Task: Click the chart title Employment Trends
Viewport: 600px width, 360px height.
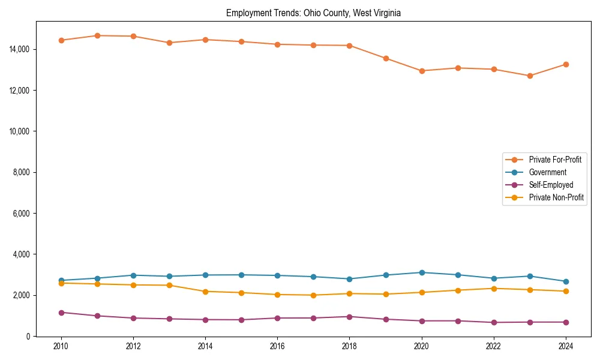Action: (313, 13)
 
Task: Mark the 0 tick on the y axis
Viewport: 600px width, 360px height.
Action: (28, 337)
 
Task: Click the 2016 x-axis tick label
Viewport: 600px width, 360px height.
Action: (277, 346)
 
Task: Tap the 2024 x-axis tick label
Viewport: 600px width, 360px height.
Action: (565, 346)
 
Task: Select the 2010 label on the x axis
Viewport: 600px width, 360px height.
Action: (61, 346)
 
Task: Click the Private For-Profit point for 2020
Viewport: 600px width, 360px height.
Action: (422, 71)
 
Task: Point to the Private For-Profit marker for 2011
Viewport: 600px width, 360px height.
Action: (97, 35)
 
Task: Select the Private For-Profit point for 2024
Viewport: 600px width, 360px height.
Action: (566, 64)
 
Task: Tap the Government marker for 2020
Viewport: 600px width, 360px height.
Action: (422, 272)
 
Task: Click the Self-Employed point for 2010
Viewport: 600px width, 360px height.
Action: (61, 313)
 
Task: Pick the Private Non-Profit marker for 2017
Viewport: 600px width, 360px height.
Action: (313, 295)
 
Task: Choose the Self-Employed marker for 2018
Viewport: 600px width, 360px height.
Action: (349, 317)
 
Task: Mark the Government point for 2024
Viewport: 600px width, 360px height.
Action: (566, 281)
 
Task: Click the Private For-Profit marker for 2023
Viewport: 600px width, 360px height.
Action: (530, 76)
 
